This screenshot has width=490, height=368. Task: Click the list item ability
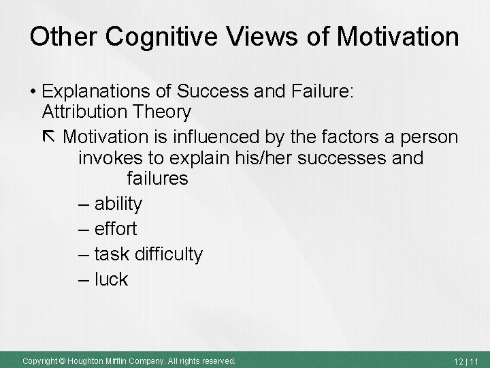(x=118, y=203)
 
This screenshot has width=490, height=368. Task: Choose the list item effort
(x=116, y=228)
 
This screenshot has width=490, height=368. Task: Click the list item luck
(x=111, y=279)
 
